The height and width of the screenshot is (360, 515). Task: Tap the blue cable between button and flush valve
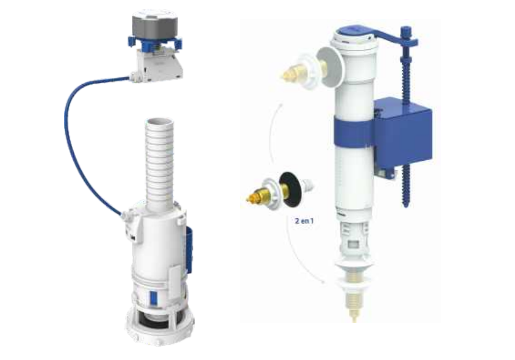[70, 148]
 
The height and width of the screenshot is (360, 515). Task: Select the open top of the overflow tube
[159, 122]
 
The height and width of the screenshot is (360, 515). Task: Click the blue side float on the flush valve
[189, 249]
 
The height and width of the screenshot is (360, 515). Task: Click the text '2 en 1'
[304, 221]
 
